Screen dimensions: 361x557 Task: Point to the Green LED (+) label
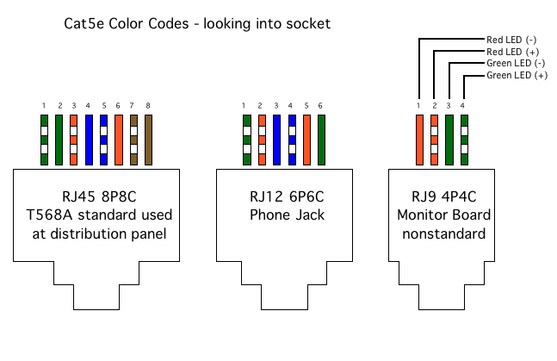tap(517, 76)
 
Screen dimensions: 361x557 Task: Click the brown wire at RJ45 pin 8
tap(147, 140)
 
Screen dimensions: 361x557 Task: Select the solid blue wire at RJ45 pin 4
tap(89, 140)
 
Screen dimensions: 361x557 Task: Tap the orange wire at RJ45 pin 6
tap(118, 140)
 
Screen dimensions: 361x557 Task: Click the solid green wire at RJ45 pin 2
tap(59, 140)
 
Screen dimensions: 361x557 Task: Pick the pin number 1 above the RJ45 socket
tap(44, 106)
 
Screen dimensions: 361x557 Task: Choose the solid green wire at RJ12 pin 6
tap(321, 140)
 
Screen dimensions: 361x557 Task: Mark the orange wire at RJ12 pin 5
tap(306, 140)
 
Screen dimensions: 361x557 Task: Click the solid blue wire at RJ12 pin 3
tap(276, 140)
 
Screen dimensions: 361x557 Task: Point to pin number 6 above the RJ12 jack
tap(321, 106)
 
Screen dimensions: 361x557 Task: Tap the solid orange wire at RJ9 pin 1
tap(419, 140)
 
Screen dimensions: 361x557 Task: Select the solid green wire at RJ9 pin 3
tap(449, 140)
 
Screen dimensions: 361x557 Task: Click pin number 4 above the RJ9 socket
tap(463, 106)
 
